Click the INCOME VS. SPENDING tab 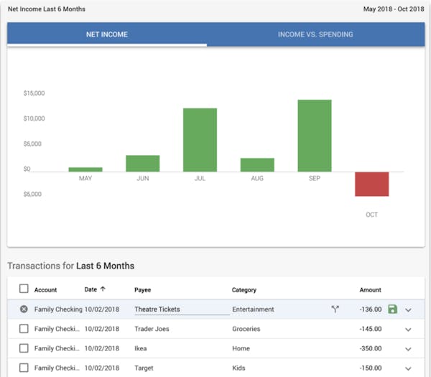coord(315,34)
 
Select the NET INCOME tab coord(106,34)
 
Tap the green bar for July coord(200,140)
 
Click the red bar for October coord(371,184)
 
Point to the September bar coord(315,136)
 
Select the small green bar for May coord(85,169)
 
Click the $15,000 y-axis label coord(34,93)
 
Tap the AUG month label coord(257,178)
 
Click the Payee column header coord(142,290)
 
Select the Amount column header coord(370,290)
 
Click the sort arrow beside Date coord(103,289)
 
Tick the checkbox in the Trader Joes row coord(24,329)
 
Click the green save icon coord(392,309)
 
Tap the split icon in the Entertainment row coord(335,309)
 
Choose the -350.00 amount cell coord(371,348)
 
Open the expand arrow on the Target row coord(409,368)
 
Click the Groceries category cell coord(246,329)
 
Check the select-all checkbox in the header coord(24,289)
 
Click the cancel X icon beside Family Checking coord(24,309)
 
